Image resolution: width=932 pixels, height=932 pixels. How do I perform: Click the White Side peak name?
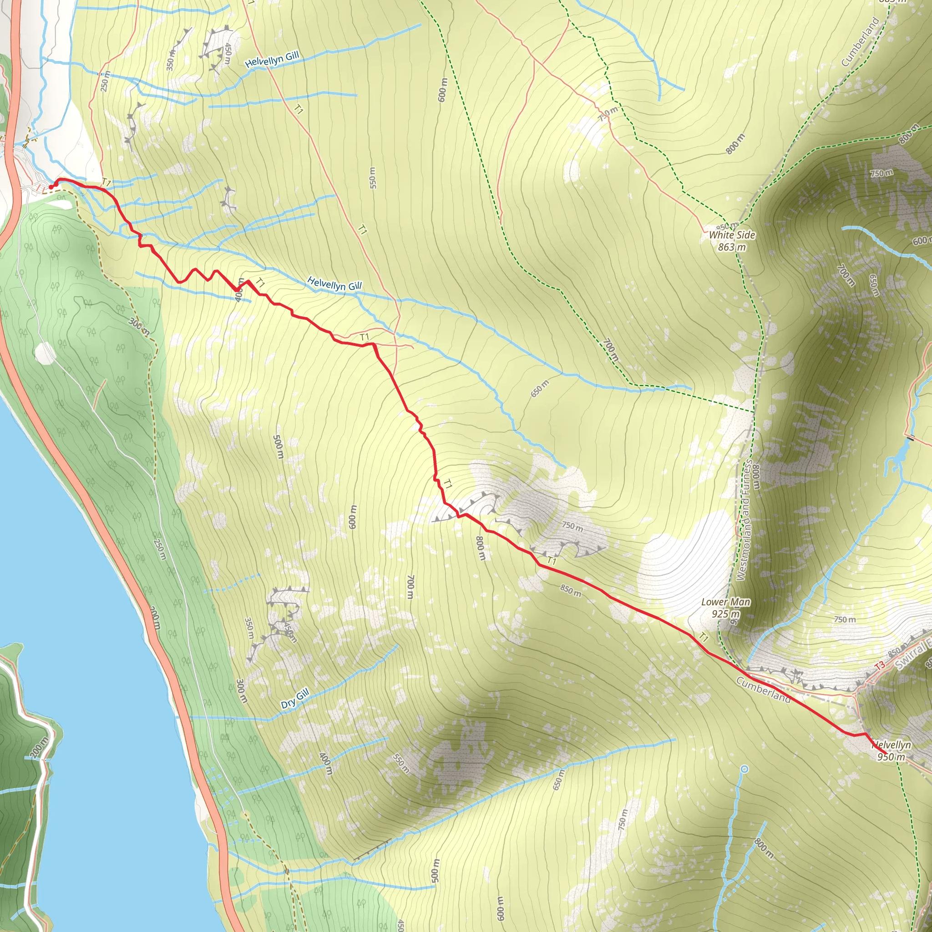click(x=732, y=235)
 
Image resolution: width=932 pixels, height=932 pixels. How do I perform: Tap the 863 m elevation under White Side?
click(x=732, y=247)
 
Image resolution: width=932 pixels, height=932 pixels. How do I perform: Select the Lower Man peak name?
click(x=725, y=602)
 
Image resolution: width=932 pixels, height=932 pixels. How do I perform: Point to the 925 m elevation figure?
click(x=725, y=613)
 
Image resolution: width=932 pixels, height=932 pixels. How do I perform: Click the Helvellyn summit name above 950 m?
click(x=891, y=745)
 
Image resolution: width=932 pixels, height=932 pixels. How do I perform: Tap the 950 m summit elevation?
click(x=891, y=756)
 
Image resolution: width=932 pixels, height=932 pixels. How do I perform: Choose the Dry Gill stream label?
click(x=295, y=698)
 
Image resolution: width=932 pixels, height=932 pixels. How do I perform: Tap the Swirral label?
click(x=913, y=654)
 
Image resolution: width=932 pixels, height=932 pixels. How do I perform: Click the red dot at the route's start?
click(x=51, y=187)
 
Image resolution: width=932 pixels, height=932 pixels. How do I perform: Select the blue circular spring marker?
click(x=745, y=769)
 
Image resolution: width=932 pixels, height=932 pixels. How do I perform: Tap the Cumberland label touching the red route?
click(x=763, y=690)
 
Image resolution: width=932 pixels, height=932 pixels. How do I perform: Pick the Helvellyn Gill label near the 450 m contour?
click(x=272, y=59)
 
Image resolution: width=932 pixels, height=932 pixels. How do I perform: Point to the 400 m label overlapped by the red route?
click(x=239, y=289)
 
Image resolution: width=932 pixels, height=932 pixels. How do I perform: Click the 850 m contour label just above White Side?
click(x=726, y=226)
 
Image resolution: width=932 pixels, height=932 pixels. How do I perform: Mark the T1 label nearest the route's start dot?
click(x=106, y=183)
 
